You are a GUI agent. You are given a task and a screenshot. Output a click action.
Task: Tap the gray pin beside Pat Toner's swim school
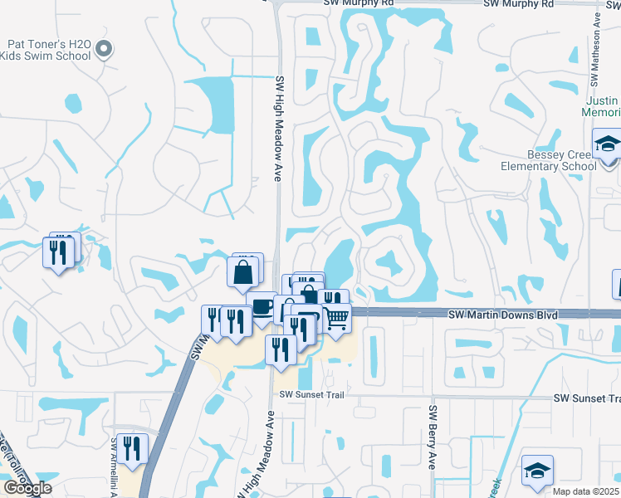click(104, 51)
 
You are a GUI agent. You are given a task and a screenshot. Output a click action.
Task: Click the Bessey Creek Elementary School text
click(562, 160)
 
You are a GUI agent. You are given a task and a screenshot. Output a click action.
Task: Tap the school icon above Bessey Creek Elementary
click(608, 144)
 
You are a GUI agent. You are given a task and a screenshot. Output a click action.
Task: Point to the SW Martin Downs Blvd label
click(502, 315)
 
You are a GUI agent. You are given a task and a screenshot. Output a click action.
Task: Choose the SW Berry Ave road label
click(433, 438)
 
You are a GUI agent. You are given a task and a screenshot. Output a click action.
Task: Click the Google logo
click(27, 488)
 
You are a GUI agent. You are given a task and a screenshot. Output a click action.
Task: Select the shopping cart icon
click(335, 319)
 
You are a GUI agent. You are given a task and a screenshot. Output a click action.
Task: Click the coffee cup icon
click(262, 306)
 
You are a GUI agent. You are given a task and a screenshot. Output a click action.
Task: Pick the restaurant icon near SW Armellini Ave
click(132, 449)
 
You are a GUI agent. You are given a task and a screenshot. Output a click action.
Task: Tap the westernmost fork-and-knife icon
click(57, 251)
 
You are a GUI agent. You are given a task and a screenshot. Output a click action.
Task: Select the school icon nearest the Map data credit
click(537, 470)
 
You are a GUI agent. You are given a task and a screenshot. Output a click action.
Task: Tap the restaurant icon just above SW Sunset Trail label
click(281, 349)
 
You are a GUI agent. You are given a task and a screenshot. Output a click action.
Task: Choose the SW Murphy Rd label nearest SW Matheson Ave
click(518, 4)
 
